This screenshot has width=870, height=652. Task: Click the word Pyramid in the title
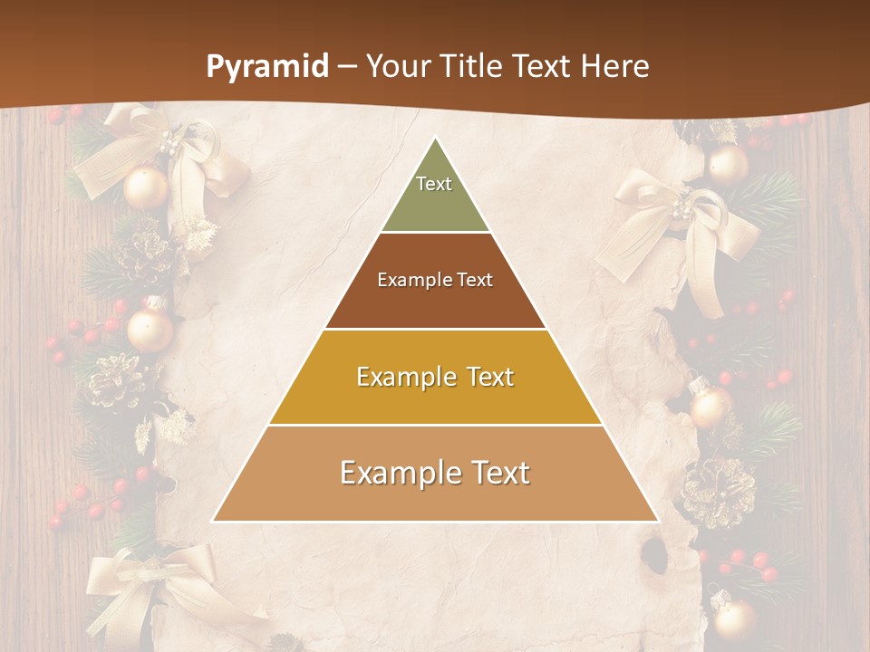point(267,67)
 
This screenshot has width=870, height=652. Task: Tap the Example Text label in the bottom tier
point(435,473)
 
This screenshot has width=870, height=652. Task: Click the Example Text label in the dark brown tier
point(435,280)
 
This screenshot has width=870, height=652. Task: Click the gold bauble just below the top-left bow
point(146,187)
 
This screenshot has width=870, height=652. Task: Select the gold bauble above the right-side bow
point(728,164)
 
